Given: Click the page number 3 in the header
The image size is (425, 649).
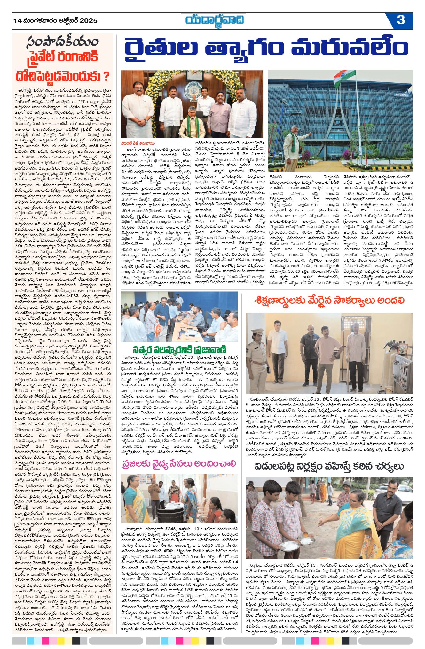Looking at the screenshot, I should click(x=401, y=20).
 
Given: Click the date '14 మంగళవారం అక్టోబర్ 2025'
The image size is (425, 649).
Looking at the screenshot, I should click(x=55, y=21).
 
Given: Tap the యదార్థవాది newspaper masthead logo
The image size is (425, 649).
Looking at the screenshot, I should click(x=215, y=20).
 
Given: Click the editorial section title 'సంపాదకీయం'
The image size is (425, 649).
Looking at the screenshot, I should click(x=63, y=42).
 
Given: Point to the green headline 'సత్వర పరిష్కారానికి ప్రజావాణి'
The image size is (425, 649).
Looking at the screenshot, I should click(x=179, y=349).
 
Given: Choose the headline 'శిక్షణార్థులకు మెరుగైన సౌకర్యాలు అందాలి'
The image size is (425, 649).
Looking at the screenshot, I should click(x=329, y=301).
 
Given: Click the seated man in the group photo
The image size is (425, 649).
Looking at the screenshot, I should click(x=192, y=121).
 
